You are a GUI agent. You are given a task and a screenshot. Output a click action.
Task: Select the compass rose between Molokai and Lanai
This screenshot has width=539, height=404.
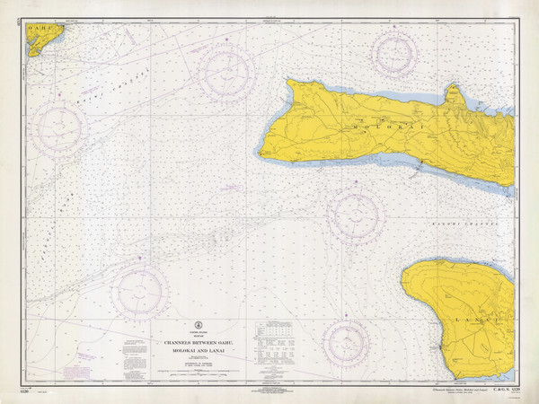(356, 215)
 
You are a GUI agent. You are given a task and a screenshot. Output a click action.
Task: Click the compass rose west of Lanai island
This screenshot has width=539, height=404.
(345, 342)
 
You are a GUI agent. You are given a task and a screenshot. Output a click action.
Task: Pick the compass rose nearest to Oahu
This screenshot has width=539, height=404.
(61, 127)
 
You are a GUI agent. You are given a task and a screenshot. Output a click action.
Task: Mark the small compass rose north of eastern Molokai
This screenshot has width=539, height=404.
(394, 53)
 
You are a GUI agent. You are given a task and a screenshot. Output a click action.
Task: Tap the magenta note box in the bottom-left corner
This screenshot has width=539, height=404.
(84, 357)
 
